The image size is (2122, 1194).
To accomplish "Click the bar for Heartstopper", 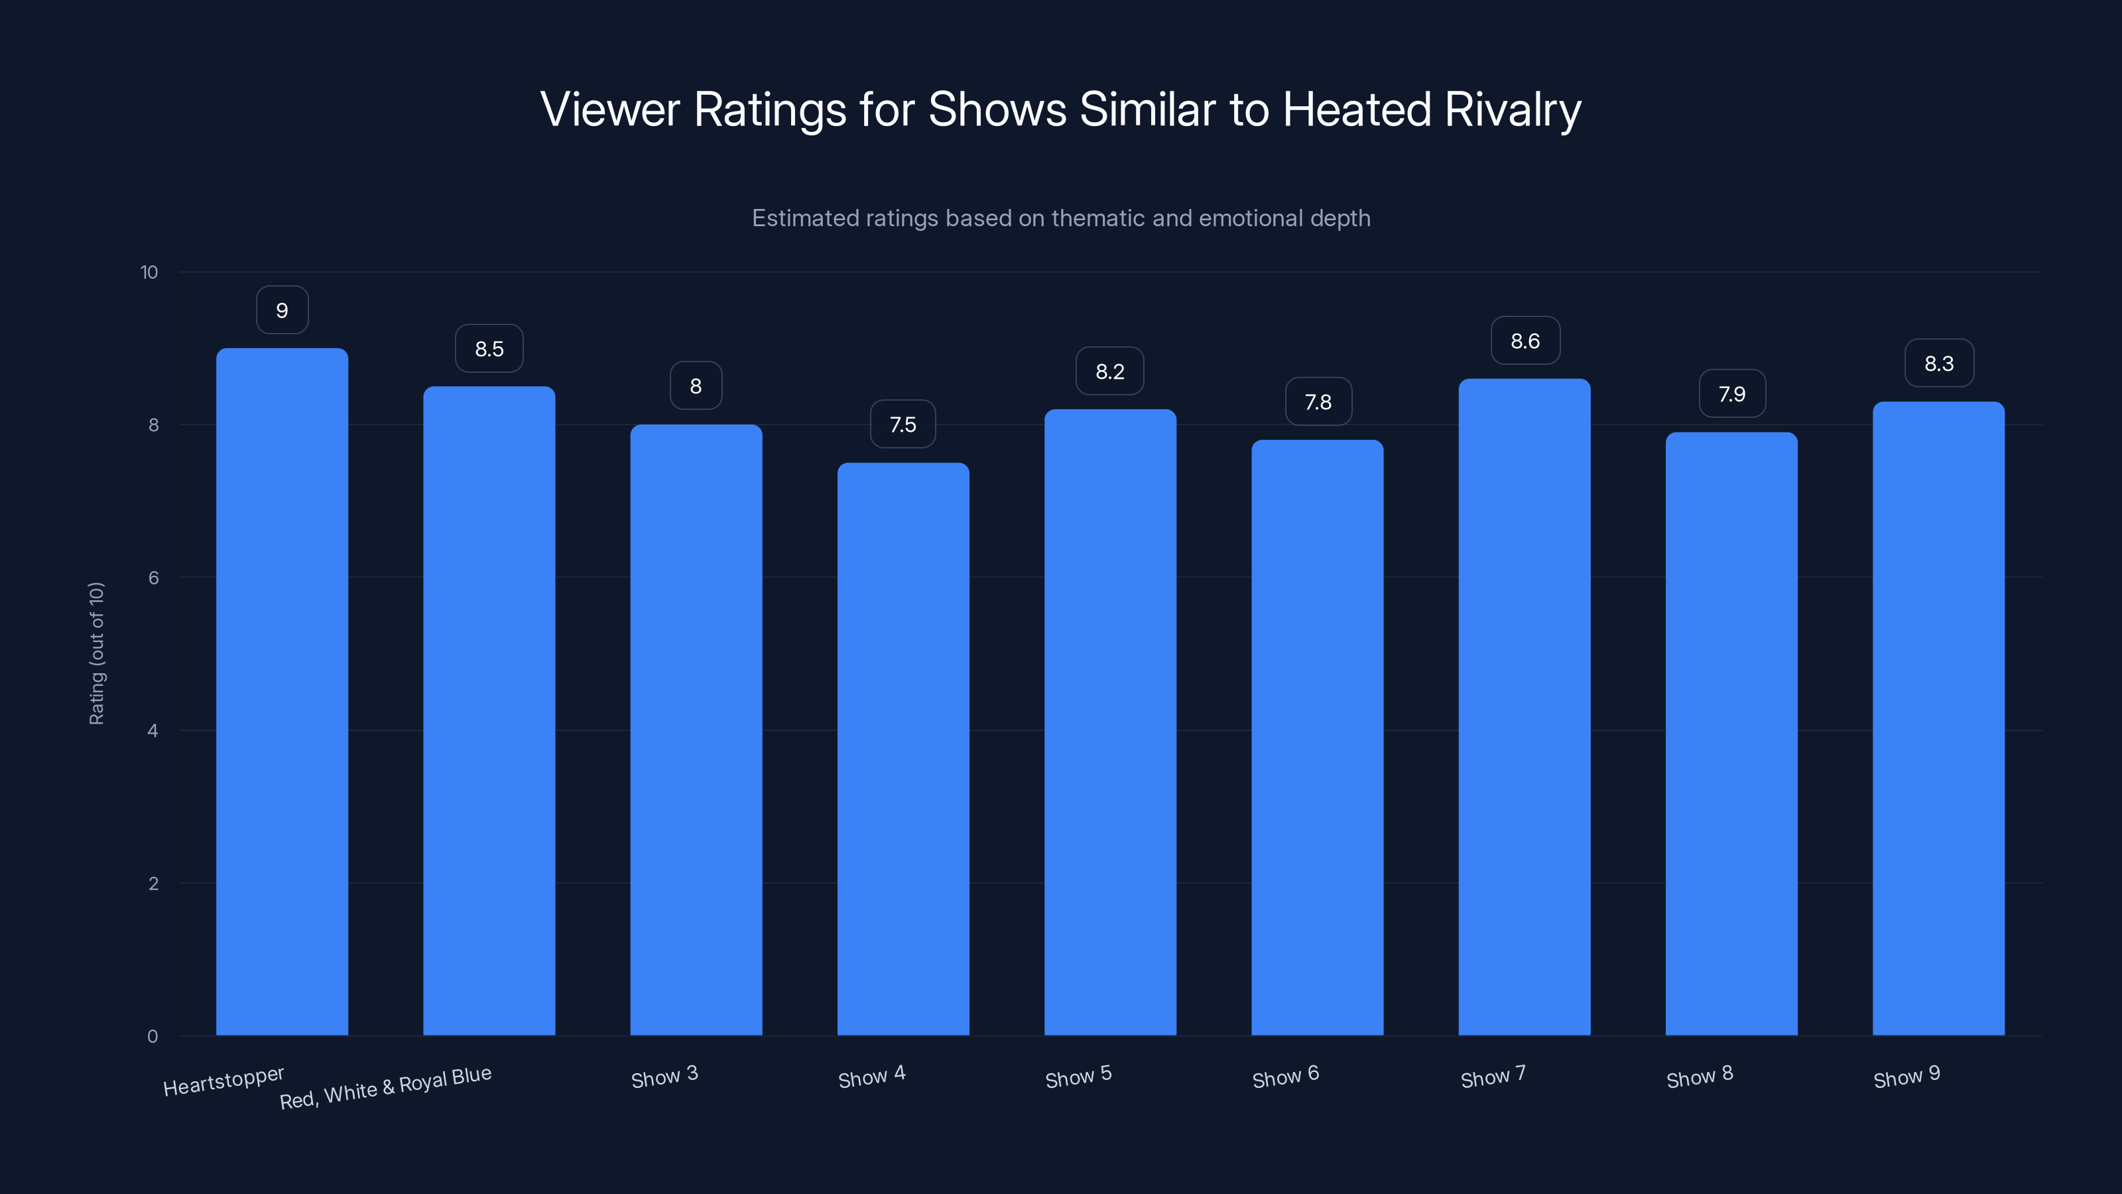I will (x=282, y=692).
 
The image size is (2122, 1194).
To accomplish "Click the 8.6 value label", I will (x=1525, y=341).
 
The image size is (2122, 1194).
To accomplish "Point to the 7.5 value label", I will (x=903, y=425).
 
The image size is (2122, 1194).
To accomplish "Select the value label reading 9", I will (x=282, y=310).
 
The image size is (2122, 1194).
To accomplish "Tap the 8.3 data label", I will (x=1938, y=364).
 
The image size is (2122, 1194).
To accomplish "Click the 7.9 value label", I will (x=1731, y=394).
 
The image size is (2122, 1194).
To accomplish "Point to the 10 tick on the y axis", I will (x=149, y=273).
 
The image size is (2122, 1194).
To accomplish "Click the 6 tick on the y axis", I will (x=153, y=578).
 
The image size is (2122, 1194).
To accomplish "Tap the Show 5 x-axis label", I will (x=1078, y=1077).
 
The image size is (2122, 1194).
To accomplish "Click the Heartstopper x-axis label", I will (x=223, y=1081).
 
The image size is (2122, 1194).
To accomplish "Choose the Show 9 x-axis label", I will (x=1906, y=1077).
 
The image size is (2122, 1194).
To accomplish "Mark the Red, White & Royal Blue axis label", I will (x=385, y=1088).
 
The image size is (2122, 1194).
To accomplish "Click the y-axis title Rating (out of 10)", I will (x=96, y=653).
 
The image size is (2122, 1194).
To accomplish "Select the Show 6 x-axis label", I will (x=1285, y=1077).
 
